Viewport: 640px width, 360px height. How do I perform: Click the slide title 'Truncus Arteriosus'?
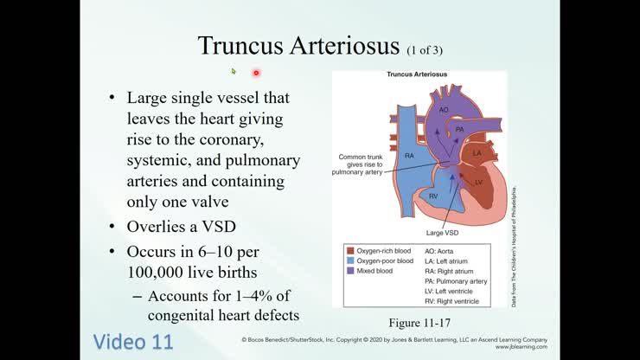[x=299, y=45]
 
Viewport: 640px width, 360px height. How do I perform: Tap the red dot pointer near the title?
[x=256, y=73]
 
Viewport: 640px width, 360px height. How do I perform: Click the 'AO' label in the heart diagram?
[x=444, y=110]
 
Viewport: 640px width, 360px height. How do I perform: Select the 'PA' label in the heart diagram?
[x=460, y=128]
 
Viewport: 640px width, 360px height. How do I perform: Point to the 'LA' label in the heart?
[x=477, y=153]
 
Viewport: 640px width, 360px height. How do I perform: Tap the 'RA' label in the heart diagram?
[x=411, y=155]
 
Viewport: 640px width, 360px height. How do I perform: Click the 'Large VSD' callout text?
[x=442, y=233]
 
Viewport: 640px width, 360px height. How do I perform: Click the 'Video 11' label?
[x=133, y=340]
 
